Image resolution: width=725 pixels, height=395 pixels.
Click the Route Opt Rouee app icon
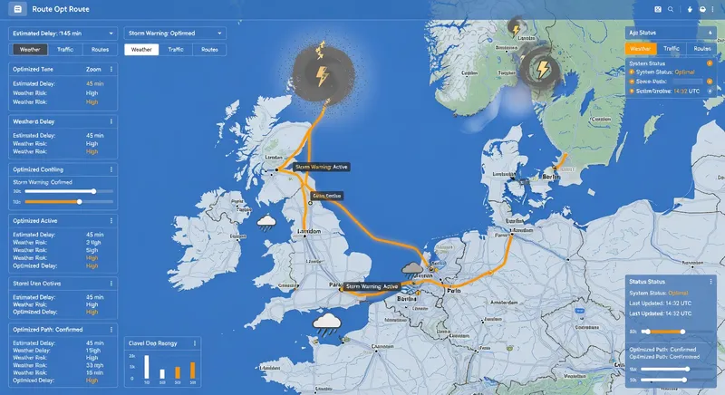pyautogui.click(x=15, y=8)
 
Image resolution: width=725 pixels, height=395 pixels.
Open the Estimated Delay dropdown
pyautogui.click(x=111, y=33)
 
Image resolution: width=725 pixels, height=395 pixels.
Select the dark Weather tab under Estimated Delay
pyautogui.click(x=29, y=50)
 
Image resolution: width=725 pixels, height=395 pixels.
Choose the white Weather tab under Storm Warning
pyautogui.click(x=141, y=50)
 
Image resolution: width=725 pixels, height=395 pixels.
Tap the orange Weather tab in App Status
pyautogui.click(x=640, y=49)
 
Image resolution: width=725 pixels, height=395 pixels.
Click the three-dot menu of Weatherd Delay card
pyautogui.click(x=111, y=120)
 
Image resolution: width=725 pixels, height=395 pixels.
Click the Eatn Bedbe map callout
pyautogui.click(x=327, y=196)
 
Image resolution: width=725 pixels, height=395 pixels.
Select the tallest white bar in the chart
pyautogui.click(x=147, y=366)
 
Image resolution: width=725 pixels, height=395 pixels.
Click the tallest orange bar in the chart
pyautogui.click(x=191, y=370)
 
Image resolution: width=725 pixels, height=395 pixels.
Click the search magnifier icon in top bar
pyautogui.click(x=671, y=9)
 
